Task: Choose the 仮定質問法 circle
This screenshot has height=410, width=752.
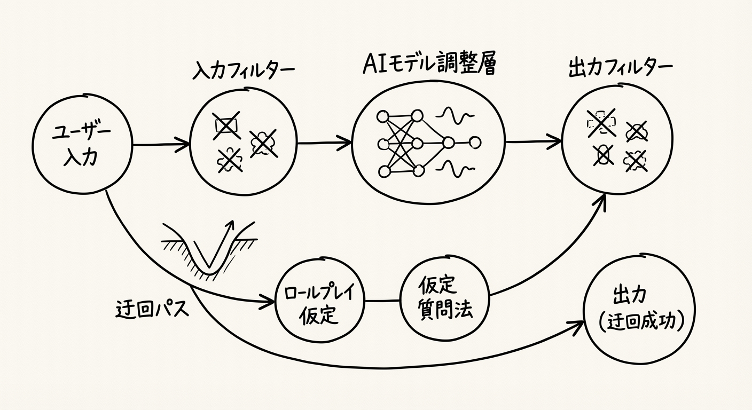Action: coord(444,299)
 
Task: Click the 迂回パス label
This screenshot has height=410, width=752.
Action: coord(153,309)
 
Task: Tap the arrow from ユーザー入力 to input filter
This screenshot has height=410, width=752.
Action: coord(161,144)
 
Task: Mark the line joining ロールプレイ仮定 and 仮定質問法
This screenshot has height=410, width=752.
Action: coord(382,301)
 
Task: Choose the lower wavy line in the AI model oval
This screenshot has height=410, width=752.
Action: coord(455,170)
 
